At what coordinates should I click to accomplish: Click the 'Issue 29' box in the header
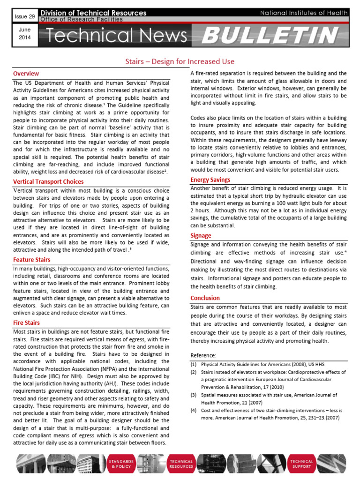click(x=22, y=16)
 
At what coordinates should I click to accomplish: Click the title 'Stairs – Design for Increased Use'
click(x=180, y=61)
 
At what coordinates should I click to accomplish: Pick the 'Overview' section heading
click(x=26, y=74)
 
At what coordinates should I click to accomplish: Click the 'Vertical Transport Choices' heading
click(x=48, y=181)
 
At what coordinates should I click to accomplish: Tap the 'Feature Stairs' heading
click(x=32, y=260)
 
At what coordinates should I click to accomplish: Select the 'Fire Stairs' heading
click(x=26, y=323)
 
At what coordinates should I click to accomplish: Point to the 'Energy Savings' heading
click(x=210, y=180)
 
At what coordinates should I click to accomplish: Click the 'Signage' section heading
click(x=201, y=235)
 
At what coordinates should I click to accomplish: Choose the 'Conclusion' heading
click(x=205, y=298)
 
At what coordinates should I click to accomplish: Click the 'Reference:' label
click(x=203, y=355)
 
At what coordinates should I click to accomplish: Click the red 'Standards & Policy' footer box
click(x=121, y=464)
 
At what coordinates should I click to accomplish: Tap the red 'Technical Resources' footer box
click(x=181, y=464)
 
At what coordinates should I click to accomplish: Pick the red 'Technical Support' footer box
click(x=301, y=464)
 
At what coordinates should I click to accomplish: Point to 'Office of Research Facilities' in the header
click(x=82, y=20)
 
